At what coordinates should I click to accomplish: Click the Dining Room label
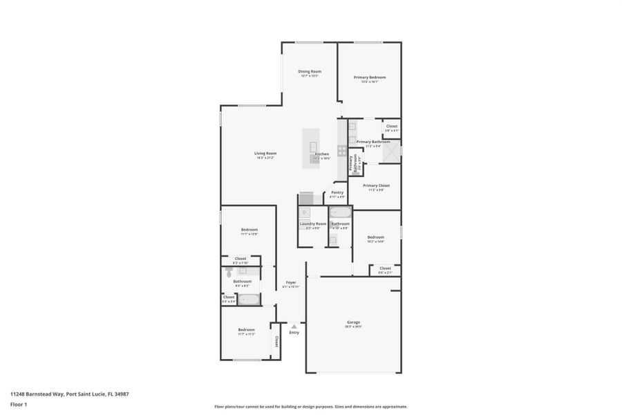(310, 71)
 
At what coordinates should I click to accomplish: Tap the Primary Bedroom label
(370, 77)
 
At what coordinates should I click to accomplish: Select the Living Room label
(265, 153)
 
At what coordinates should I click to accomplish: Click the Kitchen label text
(322, 154)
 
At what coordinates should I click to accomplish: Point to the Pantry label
(337, 192)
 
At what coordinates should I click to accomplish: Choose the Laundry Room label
(312, 223)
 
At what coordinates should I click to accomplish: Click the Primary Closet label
(377, 185)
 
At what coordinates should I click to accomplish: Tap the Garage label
(353, 322)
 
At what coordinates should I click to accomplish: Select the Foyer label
(291, 282)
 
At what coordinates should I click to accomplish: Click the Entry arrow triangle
(294, 326)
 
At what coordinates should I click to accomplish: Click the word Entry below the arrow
(294, 333)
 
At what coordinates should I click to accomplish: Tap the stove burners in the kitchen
(341, 150)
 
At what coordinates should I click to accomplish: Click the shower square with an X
(392, 150)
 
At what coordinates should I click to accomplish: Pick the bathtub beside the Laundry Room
(340, 212)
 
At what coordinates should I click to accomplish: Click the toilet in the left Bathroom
(230, 273)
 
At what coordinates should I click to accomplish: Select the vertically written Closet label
(276, 341)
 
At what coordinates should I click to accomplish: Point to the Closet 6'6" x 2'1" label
(385, 268)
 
